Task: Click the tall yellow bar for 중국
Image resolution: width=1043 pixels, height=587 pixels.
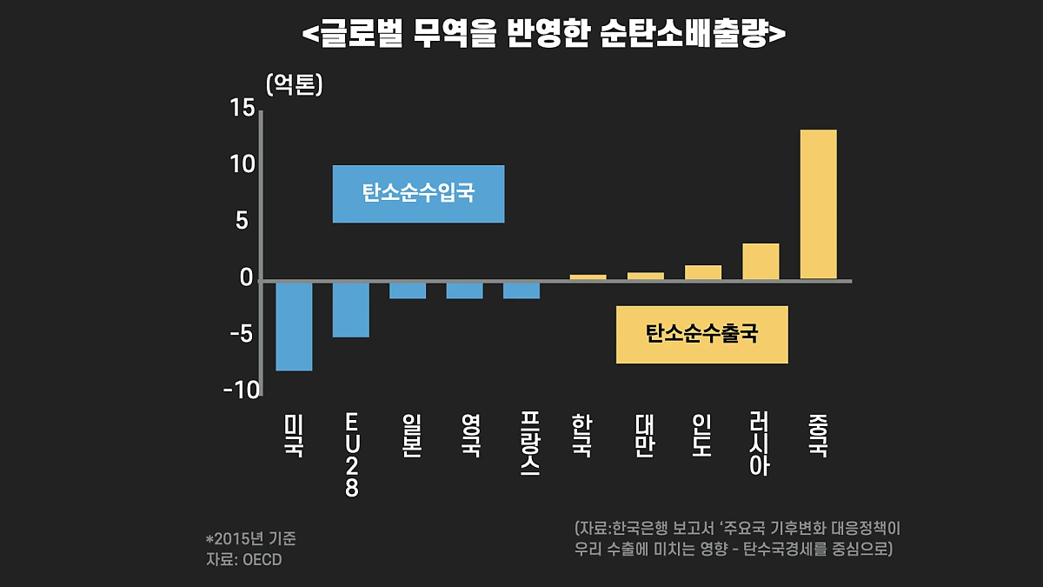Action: point(818,204)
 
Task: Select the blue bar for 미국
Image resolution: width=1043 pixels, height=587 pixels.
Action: point(294,326)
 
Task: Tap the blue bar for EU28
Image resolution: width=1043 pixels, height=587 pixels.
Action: point(351,309)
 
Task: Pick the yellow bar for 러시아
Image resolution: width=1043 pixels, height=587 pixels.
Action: point(761,262)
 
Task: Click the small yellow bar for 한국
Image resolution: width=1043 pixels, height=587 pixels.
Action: point(588,277)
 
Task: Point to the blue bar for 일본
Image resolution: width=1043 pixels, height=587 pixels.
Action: point(408,290)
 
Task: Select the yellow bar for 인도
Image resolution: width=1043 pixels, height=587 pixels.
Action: point(703,272)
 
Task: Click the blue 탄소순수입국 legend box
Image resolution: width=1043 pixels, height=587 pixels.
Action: point(418,194)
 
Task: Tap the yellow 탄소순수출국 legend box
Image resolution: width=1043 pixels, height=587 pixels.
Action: point(701,334)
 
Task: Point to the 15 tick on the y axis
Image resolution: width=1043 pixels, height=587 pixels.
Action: point(242,108)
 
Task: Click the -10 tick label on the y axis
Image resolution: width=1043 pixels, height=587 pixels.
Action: point(241,390)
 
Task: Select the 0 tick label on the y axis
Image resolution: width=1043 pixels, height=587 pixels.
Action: point(246,278)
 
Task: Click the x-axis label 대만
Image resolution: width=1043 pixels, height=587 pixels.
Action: point(644,436)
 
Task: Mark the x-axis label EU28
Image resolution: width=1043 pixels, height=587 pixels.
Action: point(351,455)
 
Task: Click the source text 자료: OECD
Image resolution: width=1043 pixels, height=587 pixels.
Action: point(243,559)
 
